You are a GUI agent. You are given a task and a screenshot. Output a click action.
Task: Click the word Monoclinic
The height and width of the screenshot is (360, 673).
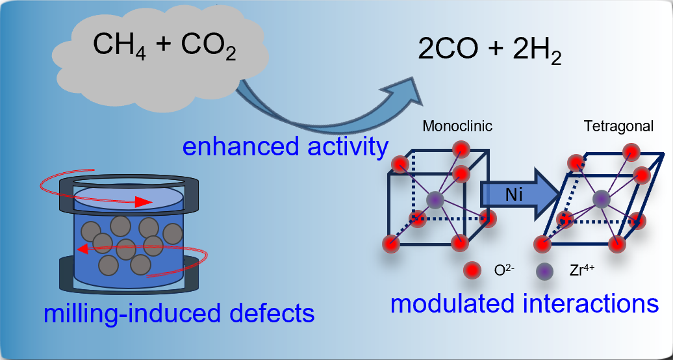(x=457, y=127)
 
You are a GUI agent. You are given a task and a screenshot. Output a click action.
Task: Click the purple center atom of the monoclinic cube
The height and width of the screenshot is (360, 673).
(x=435, y=199)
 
